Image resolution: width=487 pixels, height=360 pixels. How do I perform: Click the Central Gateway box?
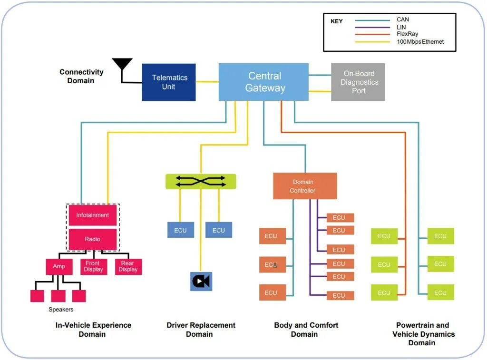[x=263, y=82]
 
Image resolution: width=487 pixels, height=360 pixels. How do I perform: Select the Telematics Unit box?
[x=169, y=82]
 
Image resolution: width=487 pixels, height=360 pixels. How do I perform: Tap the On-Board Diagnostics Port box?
[x=358, y=82]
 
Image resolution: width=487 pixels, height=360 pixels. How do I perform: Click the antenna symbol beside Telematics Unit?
[x=122, y=66]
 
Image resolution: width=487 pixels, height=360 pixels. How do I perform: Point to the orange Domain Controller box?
[x=305, y=186]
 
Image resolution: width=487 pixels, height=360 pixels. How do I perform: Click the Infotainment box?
[x=92, y=215]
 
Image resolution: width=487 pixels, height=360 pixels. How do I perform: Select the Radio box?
[x=92, y=239]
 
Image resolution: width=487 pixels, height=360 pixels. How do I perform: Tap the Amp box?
[x=59, y=266]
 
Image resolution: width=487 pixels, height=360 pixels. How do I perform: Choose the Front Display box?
[x=93, y=266]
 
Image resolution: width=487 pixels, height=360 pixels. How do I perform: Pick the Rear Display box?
[x=128, y=266]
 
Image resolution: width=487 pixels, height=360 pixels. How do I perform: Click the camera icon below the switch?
[x=201, y=282]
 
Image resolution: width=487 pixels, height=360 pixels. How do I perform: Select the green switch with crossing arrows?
[x=201, y=182]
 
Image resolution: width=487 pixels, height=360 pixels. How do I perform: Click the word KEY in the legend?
[x=336, y=21]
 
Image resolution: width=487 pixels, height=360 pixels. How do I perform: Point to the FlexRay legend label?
[x=407, y=34]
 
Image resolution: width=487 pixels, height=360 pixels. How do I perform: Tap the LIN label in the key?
[x=401, y=27]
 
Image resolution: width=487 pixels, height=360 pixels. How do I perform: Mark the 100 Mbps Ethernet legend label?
[x=420, y=42]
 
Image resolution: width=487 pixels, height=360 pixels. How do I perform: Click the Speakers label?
[x=61, y=310]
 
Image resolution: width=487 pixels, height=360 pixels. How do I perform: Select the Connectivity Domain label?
[x=81, y=77]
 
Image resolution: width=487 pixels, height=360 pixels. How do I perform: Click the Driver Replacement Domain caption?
[x=201, y=330]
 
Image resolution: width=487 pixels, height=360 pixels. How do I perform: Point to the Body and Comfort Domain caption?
[x=306, y=330]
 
